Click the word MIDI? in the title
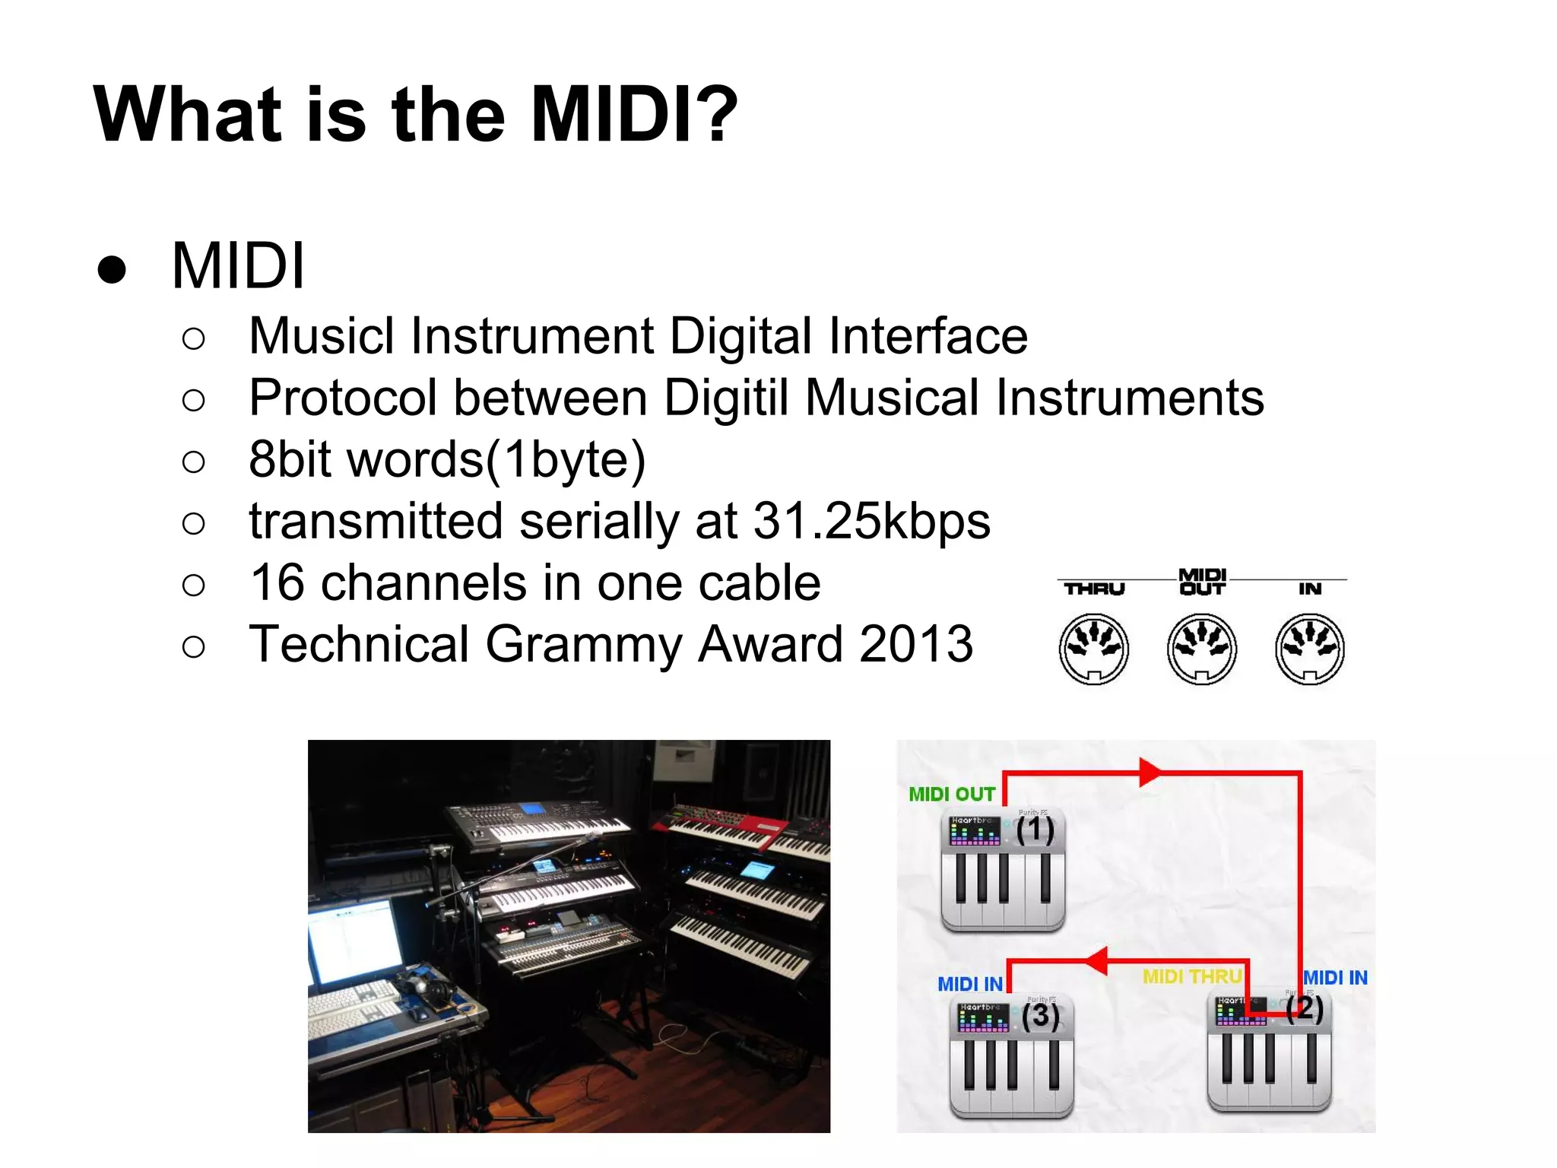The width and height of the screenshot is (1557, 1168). (x=633, y=114)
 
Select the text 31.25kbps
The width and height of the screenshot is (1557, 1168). (x=871, y=522)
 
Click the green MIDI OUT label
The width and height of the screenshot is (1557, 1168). (x=951, y=794)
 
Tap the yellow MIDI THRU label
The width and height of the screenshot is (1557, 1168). (x=1191, y=976)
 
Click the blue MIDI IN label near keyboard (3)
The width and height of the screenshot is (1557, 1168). (x=969, y=984)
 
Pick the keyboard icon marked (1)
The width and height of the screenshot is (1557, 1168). (x=1002, y=871)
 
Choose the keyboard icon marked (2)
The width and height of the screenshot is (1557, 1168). (x=1269, y=1053)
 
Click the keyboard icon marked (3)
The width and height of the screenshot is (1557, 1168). (x=1011, y=1057)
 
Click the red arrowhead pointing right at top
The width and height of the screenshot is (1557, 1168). (x=1149, y=773)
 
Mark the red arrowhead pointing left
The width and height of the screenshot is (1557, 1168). (x=1096, y=961)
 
